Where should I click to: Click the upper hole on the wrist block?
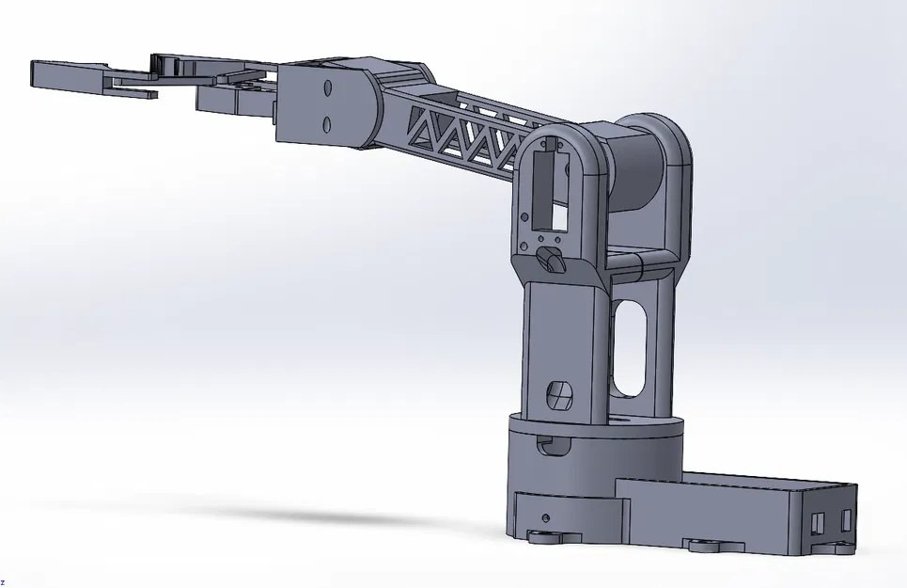(327, 88)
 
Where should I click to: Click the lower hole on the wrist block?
(326, 123)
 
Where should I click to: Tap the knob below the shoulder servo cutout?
(549, 260)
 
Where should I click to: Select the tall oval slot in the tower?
(629, 349)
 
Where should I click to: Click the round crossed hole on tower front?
(559, 393)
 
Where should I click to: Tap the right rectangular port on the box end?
(846, 518)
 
